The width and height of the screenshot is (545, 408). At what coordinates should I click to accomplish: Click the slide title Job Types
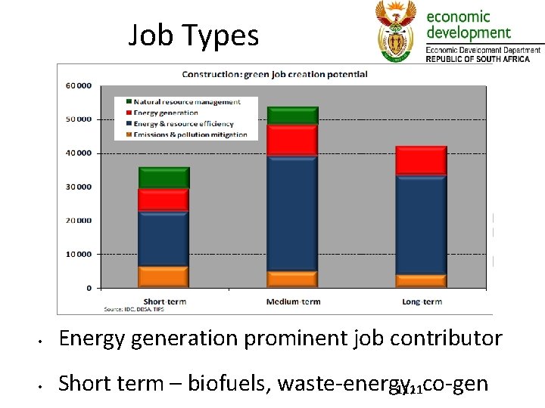(193, 36)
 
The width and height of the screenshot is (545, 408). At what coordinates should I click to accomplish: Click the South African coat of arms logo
(396, 30)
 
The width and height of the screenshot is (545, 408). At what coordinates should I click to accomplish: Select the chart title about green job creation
(274, 74)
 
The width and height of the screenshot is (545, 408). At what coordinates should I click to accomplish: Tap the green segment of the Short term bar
(163, 178)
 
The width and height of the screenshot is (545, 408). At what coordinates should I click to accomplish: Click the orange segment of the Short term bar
(163, 277)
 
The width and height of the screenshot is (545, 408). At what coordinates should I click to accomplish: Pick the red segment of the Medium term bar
(293, 141)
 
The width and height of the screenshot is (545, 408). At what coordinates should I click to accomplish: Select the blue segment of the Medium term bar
(293, 213)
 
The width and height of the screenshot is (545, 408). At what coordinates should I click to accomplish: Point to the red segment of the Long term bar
(422, 161)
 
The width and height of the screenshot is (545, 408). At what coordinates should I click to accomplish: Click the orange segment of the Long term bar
(422, 281)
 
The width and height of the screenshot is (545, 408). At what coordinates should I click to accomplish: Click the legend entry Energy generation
(166, 113)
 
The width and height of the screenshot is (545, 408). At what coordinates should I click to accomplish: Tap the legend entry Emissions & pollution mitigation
(190, 134)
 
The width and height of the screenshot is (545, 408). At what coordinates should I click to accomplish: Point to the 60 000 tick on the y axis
(79, 85)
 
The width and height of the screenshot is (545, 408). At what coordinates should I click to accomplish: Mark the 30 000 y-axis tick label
(79, 187)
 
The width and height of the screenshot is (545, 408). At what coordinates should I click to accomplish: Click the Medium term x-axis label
(293, 301)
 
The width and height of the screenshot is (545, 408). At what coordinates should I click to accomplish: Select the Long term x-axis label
(422, 301)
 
